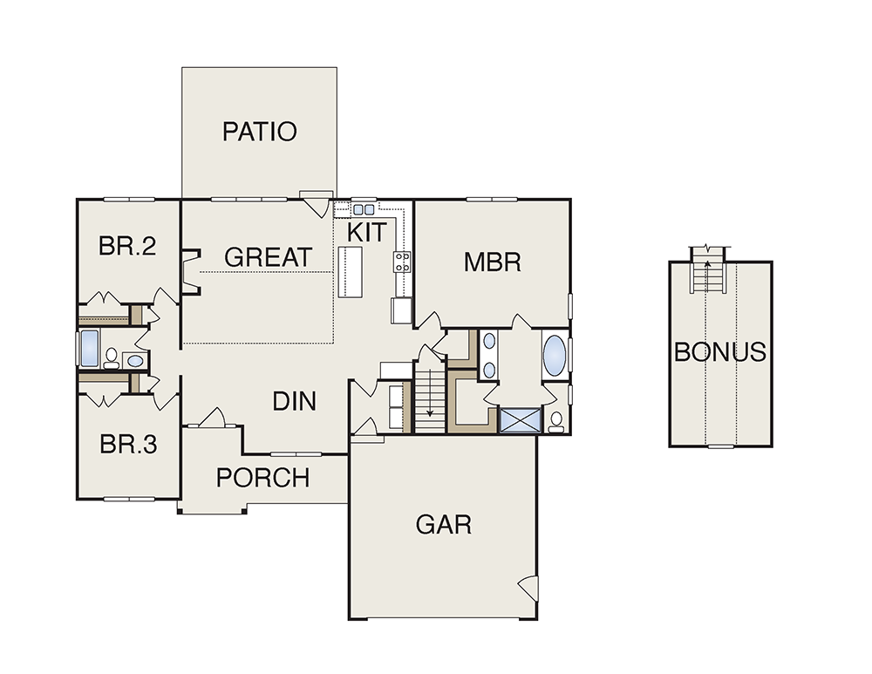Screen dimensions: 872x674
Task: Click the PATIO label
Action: [x=260, y=132]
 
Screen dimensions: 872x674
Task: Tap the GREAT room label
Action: [x=268, y=257]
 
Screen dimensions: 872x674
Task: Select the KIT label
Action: [x=366, y=233]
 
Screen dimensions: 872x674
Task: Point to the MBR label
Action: [x=493, y=262]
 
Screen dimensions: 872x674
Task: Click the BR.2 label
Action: [x=127, y=246]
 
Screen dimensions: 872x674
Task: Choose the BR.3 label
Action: [x=128, y=445]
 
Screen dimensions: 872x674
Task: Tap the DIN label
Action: [x=295, y=401]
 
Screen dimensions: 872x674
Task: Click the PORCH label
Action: [x=263, y=478]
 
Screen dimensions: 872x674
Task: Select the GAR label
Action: [x=444, y=524]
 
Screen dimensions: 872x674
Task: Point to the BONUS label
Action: [x=720, y=352]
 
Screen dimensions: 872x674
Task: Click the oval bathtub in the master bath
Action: [x=555, y=354]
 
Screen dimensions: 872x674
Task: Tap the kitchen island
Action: [x=350, y=272]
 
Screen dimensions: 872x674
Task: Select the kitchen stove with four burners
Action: [x=403, y=262]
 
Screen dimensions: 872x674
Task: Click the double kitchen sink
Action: [x=364, y=209]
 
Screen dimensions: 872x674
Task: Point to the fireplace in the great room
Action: [x=191, y=271]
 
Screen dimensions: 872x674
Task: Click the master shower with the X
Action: [x=521, y=420]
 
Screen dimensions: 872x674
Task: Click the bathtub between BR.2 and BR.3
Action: [x=90, y=349]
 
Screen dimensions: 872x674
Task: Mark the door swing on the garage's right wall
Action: [x=529, y=588]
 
